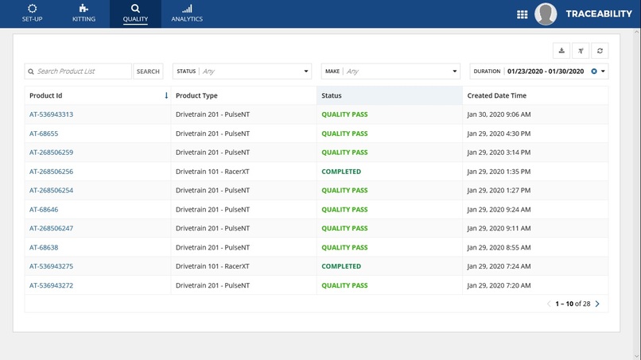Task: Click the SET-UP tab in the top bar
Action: click(x=32, y=14)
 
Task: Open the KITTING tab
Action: click(x=84, y=14)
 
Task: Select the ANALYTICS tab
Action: click(x=187, y=14)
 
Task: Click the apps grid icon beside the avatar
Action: click(x=522, y=14)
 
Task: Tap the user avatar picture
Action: click(x=546, y=14)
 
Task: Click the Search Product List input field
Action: click(x=82, y=72)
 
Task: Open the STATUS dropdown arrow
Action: click(x=306, y=72)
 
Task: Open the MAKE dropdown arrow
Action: click(x=455, y=72)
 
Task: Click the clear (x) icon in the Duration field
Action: click(x=594, y=72)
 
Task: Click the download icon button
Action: click(x=561, y=51)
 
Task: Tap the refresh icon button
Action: click(x=600, y=51)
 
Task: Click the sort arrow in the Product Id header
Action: click(x=166, y=95)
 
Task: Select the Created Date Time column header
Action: click(x=497, y=95)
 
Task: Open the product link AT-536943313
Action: click(x=51, y=114)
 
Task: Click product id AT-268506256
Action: click(x=51, y=172)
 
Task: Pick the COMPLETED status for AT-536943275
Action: click(x=341, y=266)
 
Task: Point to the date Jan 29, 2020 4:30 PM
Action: click(x=499, y=134)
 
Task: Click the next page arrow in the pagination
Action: click(x=597, y=304)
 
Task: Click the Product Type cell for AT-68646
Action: click(x=212, y=210)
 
